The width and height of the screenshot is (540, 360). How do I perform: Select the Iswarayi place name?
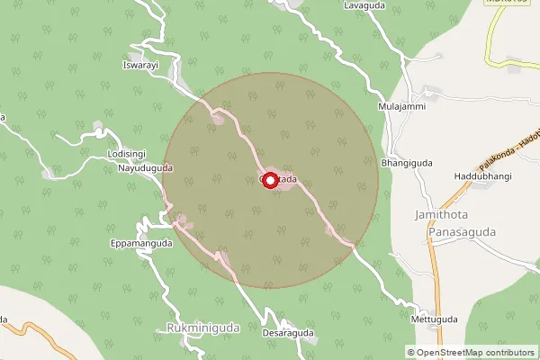tap(139, 66)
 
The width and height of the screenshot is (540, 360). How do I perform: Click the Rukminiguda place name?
tap(203, 328)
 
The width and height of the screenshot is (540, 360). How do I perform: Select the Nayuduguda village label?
tap(143, 168)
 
